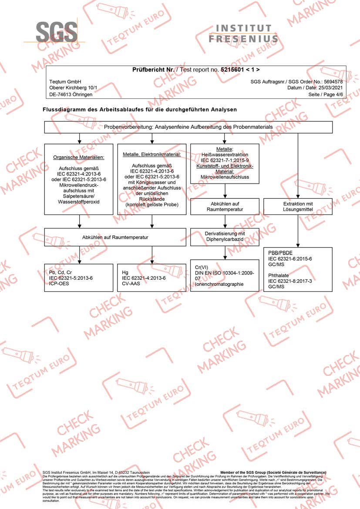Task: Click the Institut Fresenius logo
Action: pyautogui.click(x=243, y=33)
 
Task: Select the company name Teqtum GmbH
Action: pyautogui.click(x=65, y=82)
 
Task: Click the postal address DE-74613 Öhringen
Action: pyautogui.click(x=71, y=94)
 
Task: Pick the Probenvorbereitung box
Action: pyautogui.click(x=188, y=127)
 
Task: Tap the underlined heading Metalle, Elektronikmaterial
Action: pyautogui.click(x=151, y=154)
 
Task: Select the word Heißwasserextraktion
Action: pyautogui.click(x=225, y=155)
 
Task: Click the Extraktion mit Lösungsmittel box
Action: pyautogui.click(x=298, y=207)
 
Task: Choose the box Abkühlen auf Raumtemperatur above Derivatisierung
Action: pyautogui.click(x=225, y=207)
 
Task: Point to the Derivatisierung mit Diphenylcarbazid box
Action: pyautogui.click(x=225, y=237)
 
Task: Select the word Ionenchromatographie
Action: pyautogui.click(x=220, y=285)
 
